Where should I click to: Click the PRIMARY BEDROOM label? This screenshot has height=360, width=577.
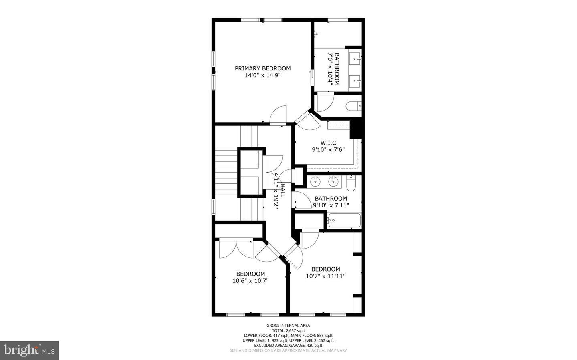click(x=262, y=68)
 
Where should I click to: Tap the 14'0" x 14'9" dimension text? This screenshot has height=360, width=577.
click(x=262, y=75)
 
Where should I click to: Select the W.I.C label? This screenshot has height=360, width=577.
click(x=328, y=143)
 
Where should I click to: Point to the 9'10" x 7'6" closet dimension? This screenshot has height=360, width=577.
click(x=328, y=149)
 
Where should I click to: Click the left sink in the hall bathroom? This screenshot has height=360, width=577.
click(x=316, y=182)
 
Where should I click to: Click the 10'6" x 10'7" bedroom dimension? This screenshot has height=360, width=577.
click(x=250, y=281)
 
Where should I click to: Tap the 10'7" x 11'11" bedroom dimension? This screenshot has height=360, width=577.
click(x=325, y=276)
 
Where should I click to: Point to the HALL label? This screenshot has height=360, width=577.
click(x=282, y=190)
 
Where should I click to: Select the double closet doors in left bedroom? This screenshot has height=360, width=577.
click(x=236, y=249)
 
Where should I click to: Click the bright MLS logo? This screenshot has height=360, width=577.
click(x=30, y=350)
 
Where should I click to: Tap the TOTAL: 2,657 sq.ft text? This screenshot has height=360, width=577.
click(x=288, y=330)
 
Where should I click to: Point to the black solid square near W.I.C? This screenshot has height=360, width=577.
click(x=356, y=129)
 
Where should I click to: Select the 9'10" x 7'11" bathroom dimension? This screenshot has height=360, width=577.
click(x=331, y=205)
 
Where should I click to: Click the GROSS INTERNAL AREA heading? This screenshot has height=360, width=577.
click(x=288, y=326)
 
